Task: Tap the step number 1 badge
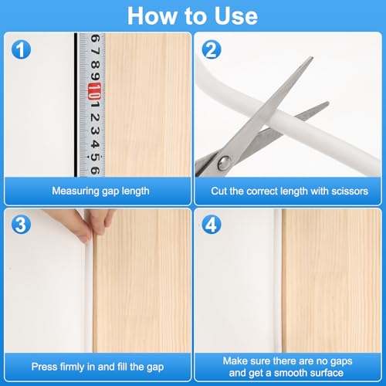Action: [21, 49]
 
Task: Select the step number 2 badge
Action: [212, 49]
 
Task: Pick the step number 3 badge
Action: [21, 225]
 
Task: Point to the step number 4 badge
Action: [212, 225]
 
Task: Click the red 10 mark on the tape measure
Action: [94, 92]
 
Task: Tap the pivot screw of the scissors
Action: [224, 163]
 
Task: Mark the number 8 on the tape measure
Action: [95, 64]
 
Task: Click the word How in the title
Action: [151, 16]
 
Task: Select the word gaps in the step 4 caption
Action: [341, 361]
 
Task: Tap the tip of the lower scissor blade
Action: [327, 103]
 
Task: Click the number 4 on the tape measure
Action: [95, 144]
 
